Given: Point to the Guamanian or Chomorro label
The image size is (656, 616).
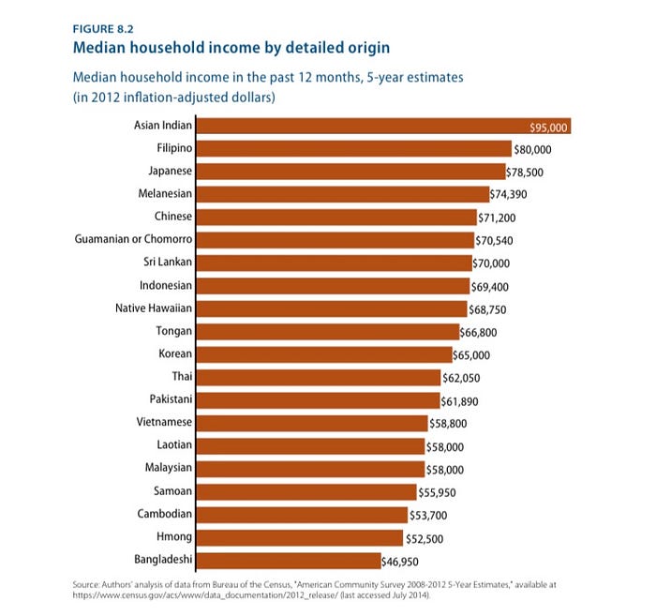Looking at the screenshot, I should (133, 240).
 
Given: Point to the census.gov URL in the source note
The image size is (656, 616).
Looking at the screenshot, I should (211, 595).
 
